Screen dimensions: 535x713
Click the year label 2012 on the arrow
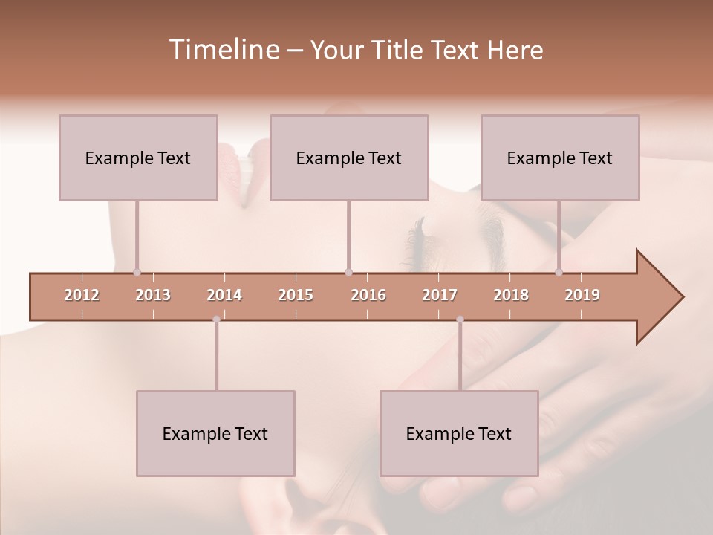click(x=82, y=295)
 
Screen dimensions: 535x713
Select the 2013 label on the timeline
click(x=153, y=295)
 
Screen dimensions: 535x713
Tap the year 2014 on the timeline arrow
click(x=224, y=295)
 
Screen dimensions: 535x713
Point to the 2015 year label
click(x=296, y=295)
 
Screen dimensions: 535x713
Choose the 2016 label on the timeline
click(x=368, y=295)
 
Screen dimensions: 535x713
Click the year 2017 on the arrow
click(x=440, y=295)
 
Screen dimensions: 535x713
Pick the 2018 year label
click(x=511, y=295)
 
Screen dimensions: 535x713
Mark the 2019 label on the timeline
click(x=582, y=295)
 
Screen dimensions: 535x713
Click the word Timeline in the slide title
click(x=223, y=50)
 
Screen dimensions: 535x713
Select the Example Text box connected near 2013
click(x=138, y=158)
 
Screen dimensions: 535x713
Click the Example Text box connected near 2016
click(x=349, y=158)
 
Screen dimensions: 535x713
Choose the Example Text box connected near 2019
click(x=560, y=158)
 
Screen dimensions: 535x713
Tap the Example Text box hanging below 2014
click(x=215, y=433)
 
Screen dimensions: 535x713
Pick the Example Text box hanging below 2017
click(x=459, y=433)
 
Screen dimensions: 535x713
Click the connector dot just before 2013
click(x=137, y=273)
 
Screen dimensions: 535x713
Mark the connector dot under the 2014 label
click(x=216, y=320)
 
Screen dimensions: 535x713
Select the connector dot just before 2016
click(x=348, y=273)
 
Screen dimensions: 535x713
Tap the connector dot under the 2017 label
click(x=460, y=320)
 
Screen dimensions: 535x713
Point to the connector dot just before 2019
click(x=559, y=273)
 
